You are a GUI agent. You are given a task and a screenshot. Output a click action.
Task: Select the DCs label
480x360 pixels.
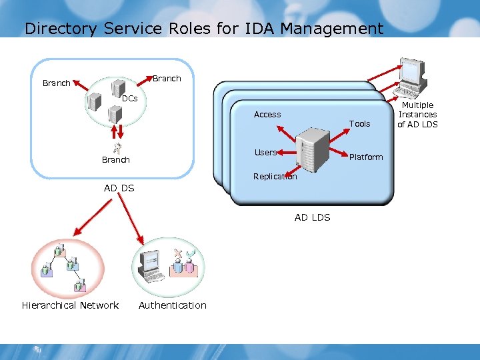[129, 98]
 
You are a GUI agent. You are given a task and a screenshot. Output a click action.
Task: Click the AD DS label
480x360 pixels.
[119, 188]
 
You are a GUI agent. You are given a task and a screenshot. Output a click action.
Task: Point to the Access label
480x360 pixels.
[267, 115]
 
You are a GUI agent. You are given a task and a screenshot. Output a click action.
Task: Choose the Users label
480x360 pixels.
[265, 153]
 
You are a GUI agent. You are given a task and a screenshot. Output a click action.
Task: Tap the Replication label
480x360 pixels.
[275, 177]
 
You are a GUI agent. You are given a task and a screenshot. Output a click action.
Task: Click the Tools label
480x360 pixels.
[359, 123]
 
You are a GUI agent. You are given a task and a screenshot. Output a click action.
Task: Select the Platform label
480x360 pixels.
[366, 157]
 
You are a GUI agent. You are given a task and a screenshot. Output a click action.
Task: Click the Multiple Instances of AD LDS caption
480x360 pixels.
[417, 115]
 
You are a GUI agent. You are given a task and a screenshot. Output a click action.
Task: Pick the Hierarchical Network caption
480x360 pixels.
[70, 305]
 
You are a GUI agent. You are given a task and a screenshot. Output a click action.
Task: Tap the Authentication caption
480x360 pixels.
[172, 305]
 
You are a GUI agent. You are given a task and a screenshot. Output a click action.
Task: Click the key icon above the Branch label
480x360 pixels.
[116, 149]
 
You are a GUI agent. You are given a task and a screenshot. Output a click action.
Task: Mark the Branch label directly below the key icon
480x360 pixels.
[115, 160]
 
